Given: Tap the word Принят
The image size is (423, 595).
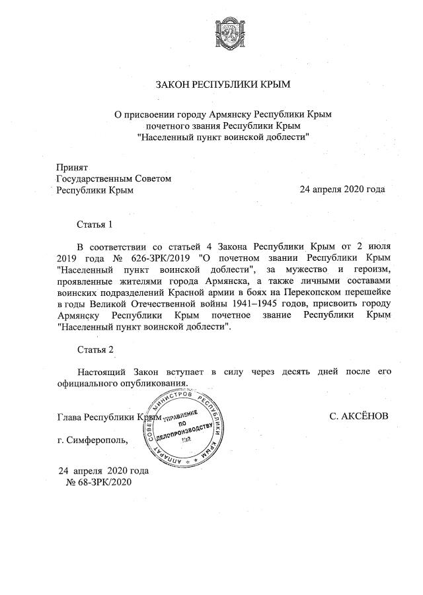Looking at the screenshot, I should (72, 168).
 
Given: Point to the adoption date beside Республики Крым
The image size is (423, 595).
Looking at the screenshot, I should (342, 190).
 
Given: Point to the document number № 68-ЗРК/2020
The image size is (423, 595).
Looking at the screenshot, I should (100, 482).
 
